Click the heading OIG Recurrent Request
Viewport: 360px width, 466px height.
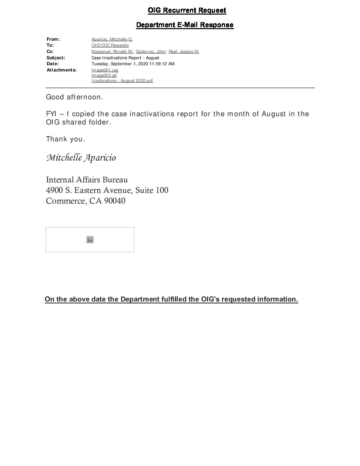click(187, 11)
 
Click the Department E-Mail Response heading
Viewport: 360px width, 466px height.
click(185, 25)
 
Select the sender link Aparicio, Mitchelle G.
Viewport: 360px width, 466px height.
click(112, 39)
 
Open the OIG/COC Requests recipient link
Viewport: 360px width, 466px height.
click(110, 45)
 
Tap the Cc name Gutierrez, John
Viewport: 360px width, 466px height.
click(151, 52)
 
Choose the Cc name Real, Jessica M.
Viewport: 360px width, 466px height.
click(184, 52)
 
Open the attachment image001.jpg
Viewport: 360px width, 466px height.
click(105, 70)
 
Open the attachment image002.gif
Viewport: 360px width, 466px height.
click(104, 75)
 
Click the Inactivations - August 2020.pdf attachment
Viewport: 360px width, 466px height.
click(122, 81)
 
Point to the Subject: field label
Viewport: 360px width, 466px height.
click(56, 58)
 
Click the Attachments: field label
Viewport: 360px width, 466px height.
click(62, 70)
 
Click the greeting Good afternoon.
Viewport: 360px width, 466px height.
click(74, 97)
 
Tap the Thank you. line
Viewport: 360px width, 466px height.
click(66, 139)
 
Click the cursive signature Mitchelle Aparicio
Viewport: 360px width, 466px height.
click(81, 158)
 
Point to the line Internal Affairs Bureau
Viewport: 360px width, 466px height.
click(87, 180)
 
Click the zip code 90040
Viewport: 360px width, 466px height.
click(114, 201)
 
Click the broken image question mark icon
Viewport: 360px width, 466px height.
click(90, 240)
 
